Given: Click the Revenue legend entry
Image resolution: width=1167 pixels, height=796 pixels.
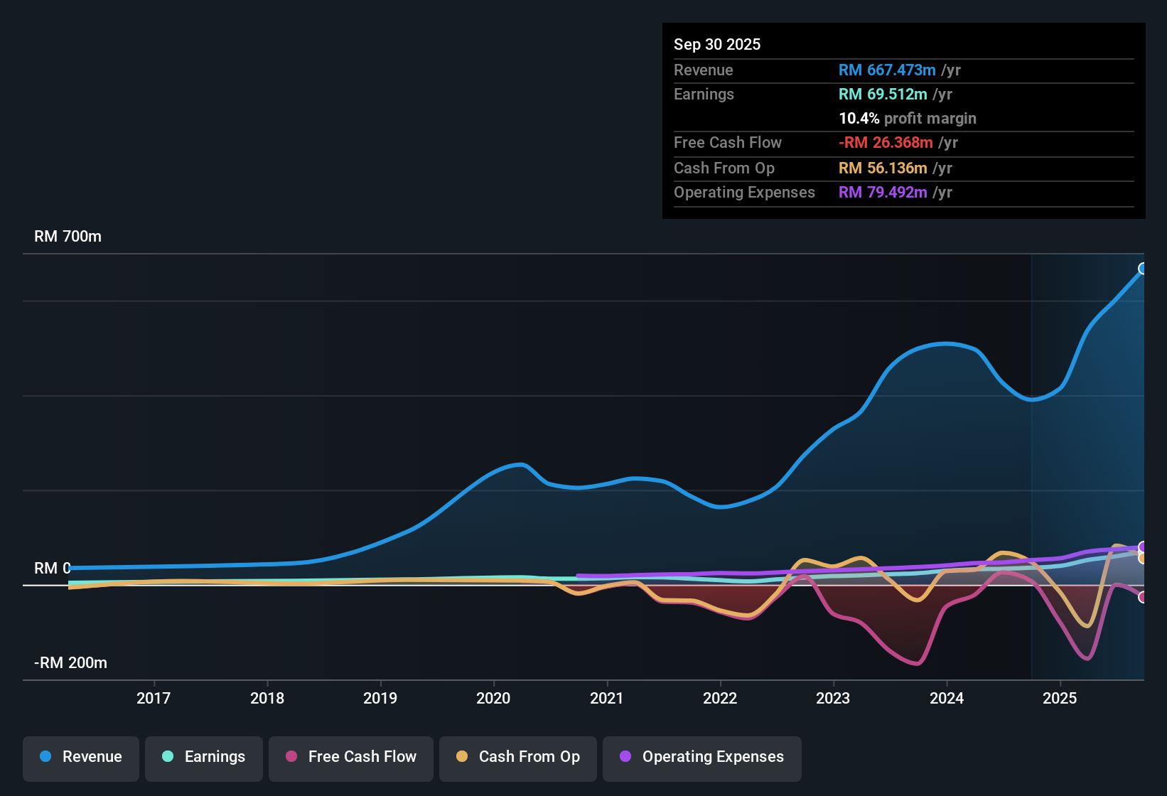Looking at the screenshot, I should [x=81, y=757].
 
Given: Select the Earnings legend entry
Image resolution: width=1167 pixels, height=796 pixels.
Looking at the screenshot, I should [x=204, y=757].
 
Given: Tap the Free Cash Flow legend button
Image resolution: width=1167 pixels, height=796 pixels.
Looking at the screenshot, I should [x=351, y=757].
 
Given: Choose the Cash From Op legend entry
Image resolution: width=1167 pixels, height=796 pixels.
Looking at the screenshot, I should [x=518, y=757].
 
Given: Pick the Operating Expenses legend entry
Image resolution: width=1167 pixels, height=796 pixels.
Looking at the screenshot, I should [x=702, y=757].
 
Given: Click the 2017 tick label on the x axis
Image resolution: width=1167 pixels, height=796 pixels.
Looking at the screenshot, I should [x=154, y=698].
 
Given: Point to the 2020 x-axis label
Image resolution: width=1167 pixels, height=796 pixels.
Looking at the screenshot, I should [x=493, y=698].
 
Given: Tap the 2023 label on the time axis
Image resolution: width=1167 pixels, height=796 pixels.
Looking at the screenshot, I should [x=833, y=698].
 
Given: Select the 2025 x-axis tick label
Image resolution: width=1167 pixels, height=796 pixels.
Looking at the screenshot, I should [x=1060, y=698].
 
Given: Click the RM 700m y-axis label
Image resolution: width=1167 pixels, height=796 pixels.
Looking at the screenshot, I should [x=68, y=236].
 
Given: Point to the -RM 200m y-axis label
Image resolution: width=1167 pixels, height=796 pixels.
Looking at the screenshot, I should [x=70, y=662].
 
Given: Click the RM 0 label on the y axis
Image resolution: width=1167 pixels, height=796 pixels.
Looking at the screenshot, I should [x=52, y=568].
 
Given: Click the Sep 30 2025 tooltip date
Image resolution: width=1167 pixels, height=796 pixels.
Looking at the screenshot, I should [x=716, y=44].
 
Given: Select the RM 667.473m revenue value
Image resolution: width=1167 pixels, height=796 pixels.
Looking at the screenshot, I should [x=887, y=70].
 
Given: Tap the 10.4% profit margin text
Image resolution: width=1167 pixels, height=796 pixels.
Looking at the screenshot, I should [x=907, y=118].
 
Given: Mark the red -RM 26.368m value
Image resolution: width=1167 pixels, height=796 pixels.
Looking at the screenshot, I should [x=886, y=142].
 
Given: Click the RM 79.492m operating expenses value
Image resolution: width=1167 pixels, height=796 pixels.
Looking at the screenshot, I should [x=883, y=192].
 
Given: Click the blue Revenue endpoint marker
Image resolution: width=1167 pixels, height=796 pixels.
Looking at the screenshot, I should [x=1143, y=269].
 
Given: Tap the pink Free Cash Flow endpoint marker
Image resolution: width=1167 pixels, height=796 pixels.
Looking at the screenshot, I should [x=1143, y=597].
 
